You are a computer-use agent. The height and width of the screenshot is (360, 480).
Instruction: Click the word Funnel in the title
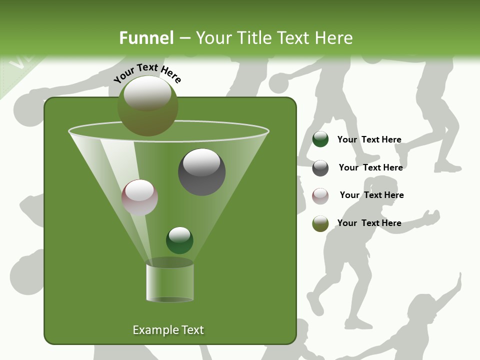tap(146, 37)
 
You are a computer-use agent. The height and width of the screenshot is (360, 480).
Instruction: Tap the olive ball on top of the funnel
tap(148, 106)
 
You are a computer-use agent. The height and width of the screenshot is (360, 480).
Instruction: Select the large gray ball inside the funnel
tap(202, 172)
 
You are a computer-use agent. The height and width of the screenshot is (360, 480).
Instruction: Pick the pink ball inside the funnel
tap(139, 197)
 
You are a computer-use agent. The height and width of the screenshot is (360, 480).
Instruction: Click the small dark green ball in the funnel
tap(179, 240)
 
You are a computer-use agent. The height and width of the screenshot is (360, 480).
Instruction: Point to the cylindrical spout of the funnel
tap(170, 282)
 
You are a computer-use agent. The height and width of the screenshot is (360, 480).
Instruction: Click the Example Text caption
tap(168, 330)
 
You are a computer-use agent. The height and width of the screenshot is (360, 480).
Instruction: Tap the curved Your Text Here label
tap(147, 72)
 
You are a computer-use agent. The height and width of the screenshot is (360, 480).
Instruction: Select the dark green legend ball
tap(320, 139)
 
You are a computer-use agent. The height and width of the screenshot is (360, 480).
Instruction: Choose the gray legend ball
tap(320, 167)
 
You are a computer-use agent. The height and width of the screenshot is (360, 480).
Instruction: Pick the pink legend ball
tap(320, 195)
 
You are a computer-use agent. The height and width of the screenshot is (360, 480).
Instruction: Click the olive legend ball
tap(320, 223)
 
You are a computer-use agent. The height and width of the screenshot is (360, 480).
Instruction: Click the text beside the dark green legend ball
tap(369, 139)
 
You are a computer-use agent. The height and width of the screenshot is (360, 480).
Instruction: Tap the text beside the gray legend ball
tap(370, 167)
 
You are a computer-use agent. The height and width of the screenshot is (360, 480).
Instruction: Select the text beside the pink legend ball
tap(371, 195)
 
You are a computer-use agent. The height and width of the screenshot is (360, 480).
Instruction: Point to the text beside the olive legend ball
tap(369, 223)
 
